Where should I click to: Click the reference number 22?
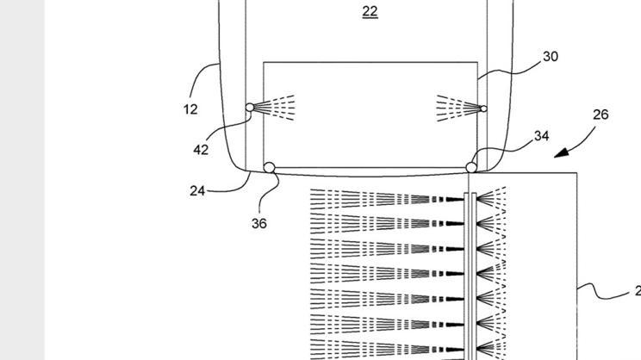(x=370, y=11)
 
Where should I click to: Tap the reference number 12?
(x=190, y=109)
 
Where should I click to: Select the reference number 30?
(x=551, y=56)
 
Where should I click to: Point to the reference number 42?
(x=201, y=150)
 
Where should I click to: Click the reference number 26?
(x=601, y=114)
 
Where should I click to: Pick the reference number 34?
(x=541, y=135)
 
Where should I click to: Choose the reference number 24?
(x=196, y=191)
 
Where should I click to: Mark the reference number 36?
(x=259, y=223)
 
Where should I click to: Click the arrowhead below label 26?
(x=559, y=153)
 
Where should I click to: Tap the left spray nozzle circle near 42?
(x=250, y=108)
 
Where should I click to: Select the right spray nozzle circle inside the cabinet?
(x=483, y=109)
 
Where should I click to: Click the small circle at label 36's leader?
(x=270, y=168)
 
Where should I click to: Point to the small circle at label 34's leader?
(x=471, y=167)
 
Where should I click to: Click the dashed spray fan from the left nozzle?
(x=276, y=107)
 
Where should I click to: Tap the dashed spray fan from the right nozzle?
(x=457, y=108)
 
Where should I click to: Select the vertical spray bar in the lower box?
(x=469, y=267)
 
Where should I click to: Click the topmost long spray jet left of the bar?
(x=388, y=199)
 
